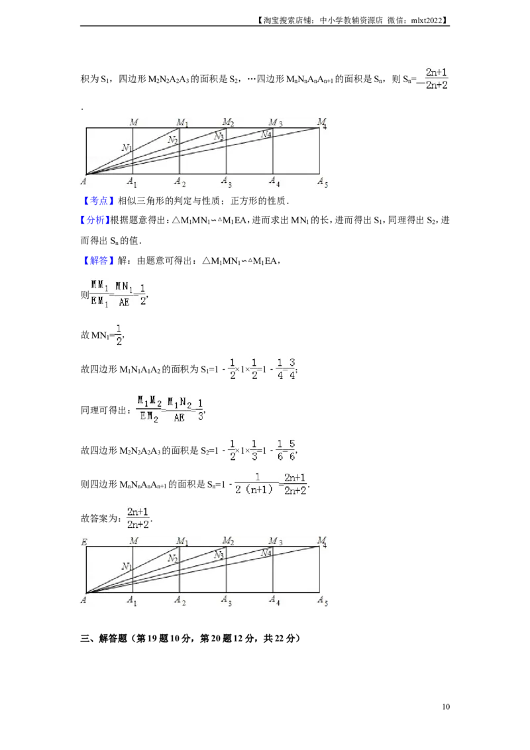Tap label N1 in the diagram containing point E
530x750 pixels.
127,566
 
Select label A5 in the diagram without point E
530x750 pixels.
323,182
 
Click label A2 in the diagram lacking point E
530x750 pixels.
180,182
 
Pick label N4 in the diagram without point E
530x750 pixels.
266,134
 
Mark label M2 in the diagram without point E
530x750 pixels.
229,122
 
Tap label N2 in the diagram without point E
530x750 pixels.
172,140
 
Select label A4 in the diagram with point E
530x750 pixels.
274,600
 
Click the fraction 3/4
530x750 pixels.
292,368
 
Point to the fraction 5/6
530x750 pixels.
292,449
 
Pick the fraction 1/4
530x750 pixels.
280,368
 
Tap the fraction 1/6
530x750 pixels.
280,449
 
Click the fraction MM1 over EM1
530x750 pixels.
100,292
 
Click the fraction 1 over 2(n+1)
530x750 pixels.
256,484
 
